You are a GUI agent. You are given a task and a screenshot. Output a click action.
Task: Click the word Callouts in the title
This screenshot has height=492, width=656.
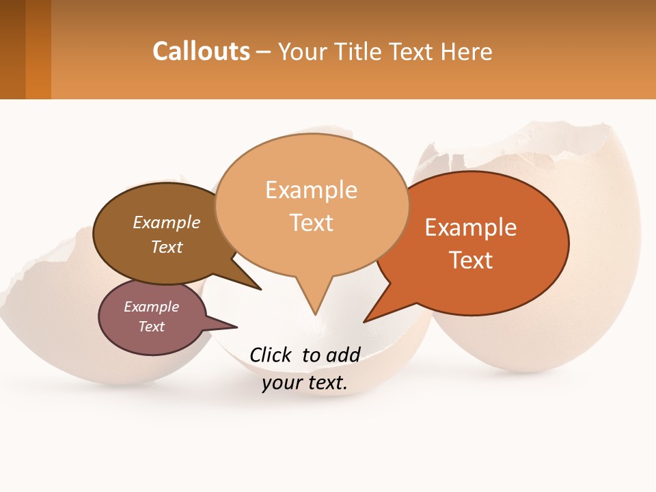coord(201,51)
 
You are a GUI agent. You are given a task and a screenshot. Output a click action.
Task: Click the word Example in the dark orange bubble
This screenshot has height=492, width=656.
coord(471,228)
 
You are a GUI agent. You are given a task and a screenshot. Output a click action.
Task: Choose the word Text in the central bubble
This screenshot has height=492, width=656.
coord(312,223)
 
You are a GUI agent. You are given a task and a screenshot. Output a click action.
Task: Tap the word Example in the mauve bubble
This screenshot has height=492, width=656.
coord(151,307)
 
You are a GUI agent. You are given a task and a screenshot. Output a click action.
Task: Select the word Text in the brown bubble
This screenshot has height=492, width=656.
coord(167,247)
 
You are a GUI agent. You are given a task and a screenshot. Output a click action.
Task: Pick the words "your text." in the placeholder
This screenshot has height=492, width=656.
coord(305,383)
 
